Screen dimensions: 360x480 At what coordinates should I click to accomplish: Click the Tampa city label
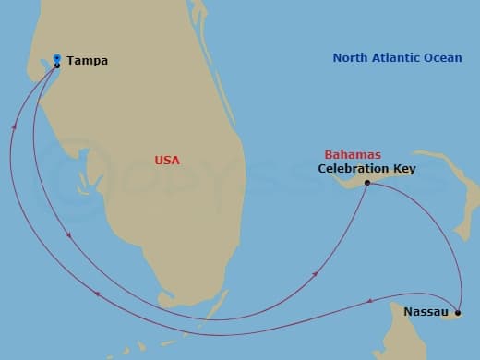tap(88, 61)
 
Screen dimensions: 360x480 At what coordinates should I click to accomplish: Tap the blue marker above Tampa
tap(57, 57)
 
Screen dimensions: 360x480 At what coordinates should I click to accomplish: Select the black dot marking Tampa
tap(57, 65)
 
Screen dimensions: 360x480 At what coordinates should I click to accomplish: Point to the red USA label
tap(167, 161)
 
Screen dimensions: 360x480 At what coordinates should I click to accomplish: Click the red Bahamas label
tap(353, 154)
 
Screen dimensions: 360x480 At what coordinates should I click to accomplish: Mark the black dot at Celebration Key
tap(367, 183)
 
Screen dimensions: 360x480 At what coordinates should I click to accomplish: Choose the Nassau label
tap(426, 312)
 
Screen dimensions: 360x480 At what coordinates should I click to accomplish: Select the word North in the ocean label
tap(351, 58)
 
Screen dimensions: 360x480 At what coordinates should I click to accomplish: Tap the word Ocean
tap(444, 58)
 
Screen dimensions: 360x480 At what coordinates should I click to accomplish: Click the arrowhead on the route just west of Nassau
tap(370, 300)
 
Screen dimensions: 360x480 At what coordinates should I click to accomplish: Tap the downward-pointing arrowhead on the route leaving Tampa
tap(71, 239)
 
